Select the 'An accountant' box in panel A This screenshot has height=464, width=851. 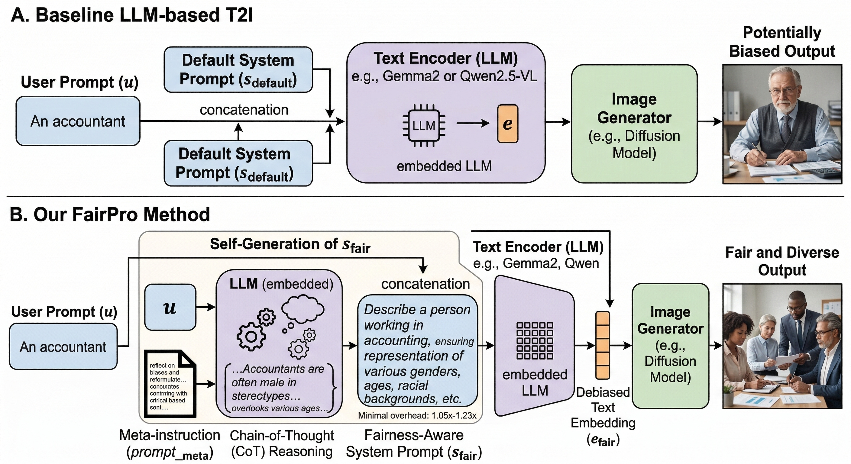[78, 121]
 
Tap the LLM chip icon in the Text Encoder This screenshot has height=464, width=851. [423, 125]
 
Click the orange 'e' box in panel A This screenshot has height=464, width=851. [507, 124]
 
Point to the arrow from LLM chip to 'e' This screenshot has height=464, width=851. [472, 124]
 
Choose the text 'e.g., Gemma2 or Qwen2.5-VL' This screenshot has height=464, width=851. [444, 76]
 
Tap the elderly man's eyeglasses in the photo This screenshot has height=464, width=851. [786, 89]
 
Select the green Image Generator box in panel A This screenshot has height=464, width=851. [634, 124]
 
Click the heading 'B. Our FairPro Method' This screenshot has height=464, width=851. [110, 214]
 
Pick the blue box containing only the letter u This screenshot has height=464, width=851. [170, 307]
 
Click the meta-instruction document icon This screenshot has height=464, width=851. [170, 384]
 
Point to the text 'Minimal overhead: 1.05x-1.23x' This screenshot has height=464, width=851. [417, 415]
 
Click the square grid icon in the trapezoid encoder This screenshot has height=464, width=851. [535, 340]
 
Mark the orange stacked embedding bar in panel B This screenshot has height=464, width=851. [602, 345]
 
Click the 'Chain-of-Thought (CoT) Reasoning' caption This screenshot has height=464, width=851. [282, 443]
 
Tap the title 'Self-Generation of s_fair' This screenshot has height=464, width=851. [290, 245]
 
